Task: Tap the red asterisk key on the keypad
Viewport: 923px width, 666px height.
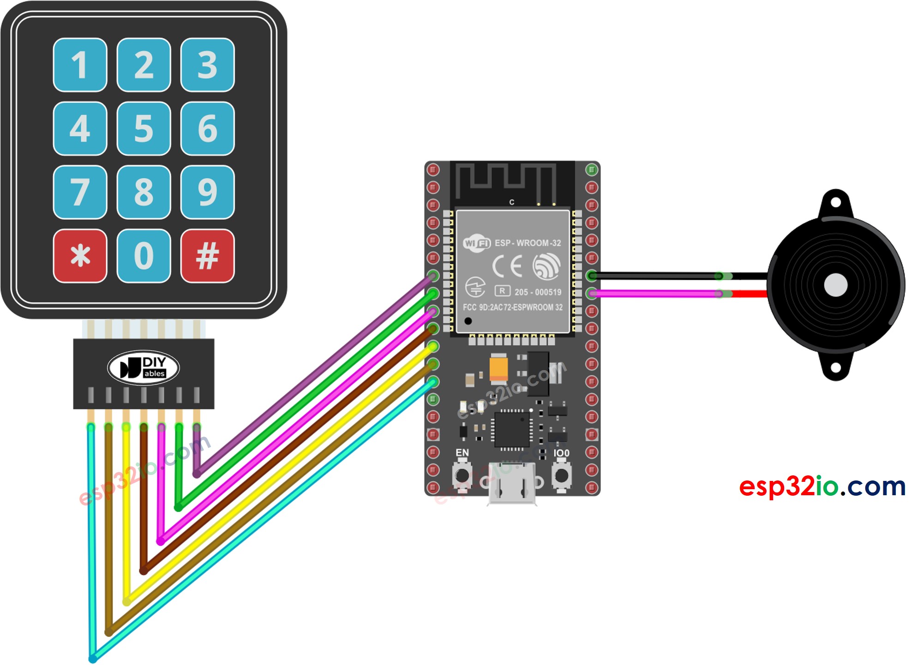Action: [80, 255]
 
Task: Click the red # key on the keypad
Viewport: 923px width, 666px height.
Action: [207, 255]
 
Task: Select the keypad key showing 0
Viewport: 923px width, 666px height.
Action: [144, 255]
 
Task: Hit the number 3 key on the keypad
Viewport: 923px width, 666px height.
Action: [207, 65]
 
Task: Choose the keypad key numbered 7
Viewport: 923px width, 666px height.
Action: [80, 192]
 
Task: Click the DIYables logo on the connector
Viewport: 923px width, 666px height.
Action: [143, 368]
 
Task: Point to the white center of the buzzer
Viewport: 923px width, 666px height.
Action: [835, 285]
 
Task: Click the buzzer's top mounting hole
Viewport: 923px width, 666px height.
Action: [835, 202]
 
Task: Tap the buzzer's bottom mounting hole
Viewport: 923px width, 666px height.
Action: [835, 368]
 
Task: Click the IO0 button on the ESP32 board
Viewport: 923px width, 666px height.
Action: [561, 474]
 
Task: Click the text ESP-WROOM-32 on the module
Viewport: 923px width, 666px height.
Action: [527, 243]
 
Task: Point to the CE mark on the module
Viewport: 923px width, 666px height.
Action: [507, 266]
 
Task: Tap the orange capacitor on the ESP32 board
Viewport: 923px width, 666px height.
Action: [498, 367]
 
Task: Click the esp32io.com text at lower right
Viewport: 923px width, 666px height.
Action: [822, 486]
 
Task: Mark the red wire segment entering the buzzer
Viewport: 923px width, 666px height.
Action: [750, 294]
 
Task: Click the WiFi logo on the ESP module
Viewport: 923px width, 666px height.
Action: [477, 243]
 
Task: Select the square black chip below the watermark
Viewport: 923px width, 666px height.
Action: [512, 429]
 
